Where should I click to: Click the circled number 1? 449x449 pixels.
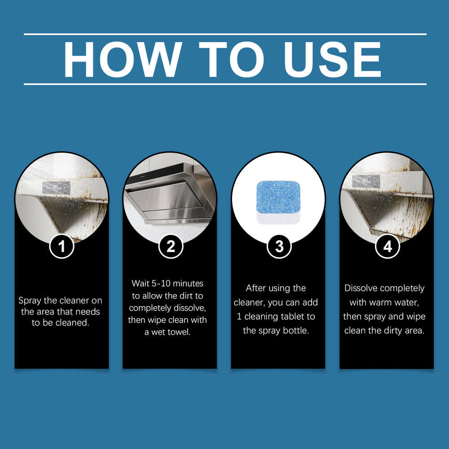pos(62,246)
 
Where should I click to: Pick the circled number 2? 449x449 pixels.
pos(170,246)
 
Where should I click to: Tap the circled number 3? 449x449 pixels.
pos(279,246)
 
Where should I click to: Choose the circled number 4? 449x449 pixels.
pos(387,246)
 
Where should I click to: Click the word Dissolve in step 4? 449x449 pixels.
pos(362,288)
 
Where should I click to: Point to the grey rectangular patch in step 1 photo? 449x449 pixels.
pos(57,187)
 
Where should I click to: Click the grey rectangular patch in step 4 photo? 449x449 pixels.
pos(366,180)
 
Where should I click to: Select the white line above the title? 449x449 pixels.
pos(224,34)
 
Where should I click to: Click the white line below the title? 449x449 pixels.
pos(224,84)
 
